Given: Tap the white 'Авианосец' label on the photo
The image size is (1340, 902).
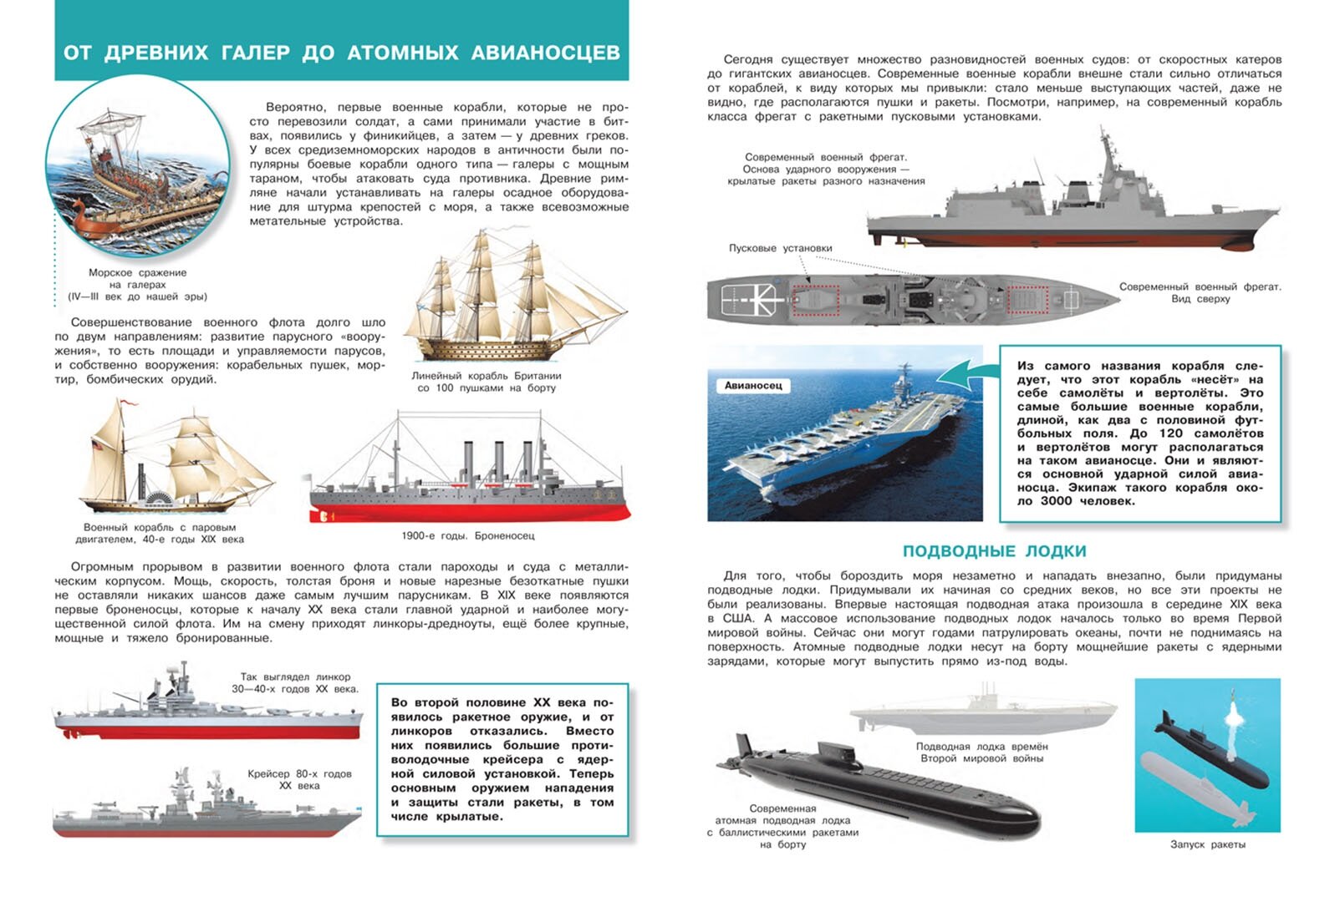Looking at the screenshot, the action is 753,385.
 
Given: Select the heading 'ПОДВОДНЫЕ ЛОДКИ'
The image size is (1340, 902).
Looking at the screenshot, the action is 994,551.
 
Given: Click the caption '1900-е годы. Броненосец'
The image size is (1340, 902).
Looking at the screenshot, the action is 467,535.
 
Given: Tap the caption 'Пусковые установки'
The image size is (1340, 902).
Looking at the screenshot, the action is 780,248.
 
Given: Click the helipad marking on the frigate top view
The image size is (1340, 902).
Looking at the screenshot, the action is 754,298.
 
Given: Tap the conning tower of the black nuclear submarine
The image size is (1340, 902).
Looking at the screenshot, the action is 838,753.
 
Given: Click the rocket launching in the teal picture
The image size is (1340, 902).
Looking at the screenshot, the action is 1233,714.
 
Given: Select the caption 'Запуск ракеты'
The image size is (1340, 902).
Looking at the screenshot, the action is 1207,844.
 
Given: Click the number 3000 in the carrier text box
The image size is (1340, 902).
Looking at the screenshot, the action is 1056,501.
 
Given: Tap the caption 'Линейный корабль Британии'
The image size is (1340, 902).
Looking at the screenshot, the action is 486,376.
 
